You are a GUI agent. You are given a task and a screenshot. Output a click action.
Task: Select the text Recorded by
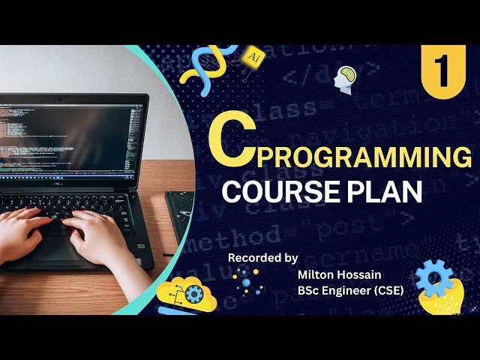point(263,257)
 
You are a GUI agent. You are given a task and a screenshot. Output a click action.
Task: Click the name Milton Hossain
point(334,274)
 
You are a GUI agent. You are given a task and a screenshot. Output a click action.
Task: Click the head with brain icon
point(346,77)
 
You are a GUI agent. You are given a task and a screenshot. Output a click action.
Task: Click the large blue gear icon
point(433,278)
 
